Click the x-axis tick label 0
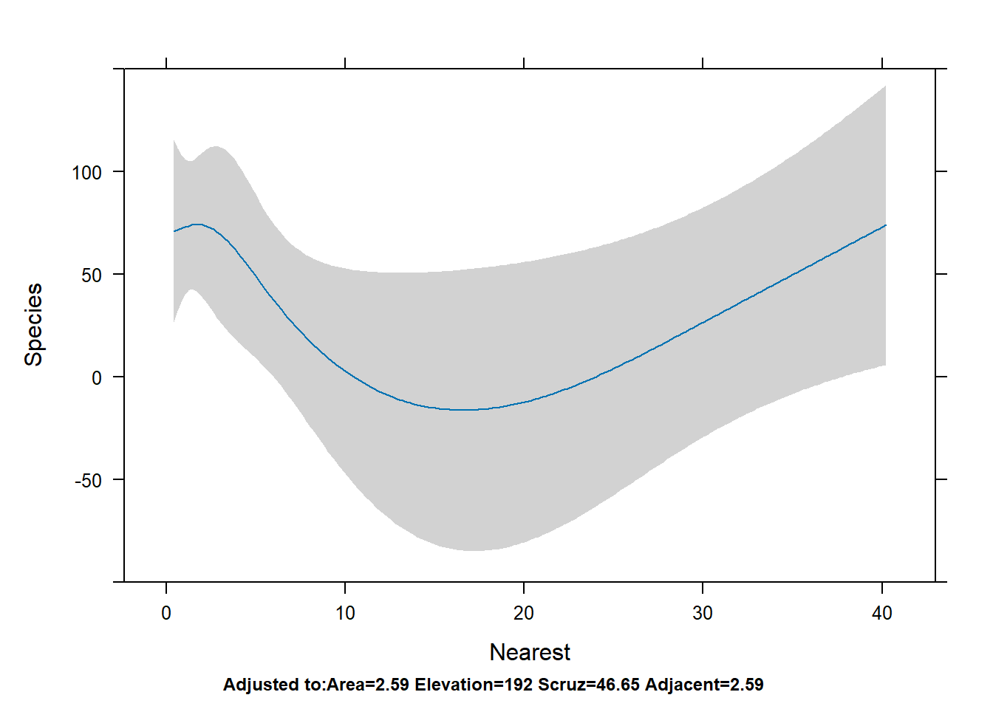point(166,613)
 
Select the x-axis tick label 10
point(345,613)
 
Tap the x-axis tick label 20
point(524,613)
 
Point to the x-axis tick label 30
point(703,613)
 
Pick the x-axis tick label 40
point(882,613)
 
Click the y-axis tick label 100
point(86,173)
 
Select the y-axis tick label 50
point(92,275)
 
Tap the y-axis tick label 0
point(97,378)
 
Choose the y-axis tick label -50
point(88,481)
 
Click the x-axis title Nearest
point(530,652)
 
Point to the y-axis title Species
point(34,324)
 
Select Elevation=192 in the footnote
point(474,685)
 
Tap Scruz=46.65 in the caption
point(589,685)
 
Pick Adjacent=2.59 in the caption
point(704,685)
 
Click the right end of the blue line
point(885,225)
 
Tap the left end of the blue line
point(174,231)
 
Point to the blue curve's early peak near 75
point(197,224)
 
